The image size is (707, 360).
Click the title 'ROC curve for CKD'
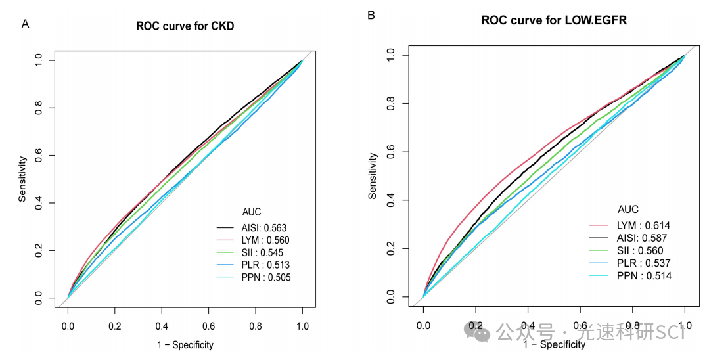185,27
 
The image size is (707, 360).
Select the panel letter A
25,24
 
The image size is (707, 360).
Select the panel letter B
371,14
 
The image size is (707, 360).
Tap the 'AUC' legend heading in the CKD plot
251,212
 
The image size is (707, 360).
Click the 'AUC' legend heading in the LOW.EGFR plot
629,210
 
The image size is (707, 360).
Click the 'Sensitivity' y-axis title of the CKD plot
22,179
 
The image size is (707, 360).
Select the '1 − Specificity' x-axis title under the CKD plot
185,345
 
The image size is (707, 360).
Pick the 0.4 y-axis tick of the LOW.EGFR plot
392,200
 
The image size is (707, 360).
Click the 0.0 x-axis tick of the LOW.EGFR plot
424,325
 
